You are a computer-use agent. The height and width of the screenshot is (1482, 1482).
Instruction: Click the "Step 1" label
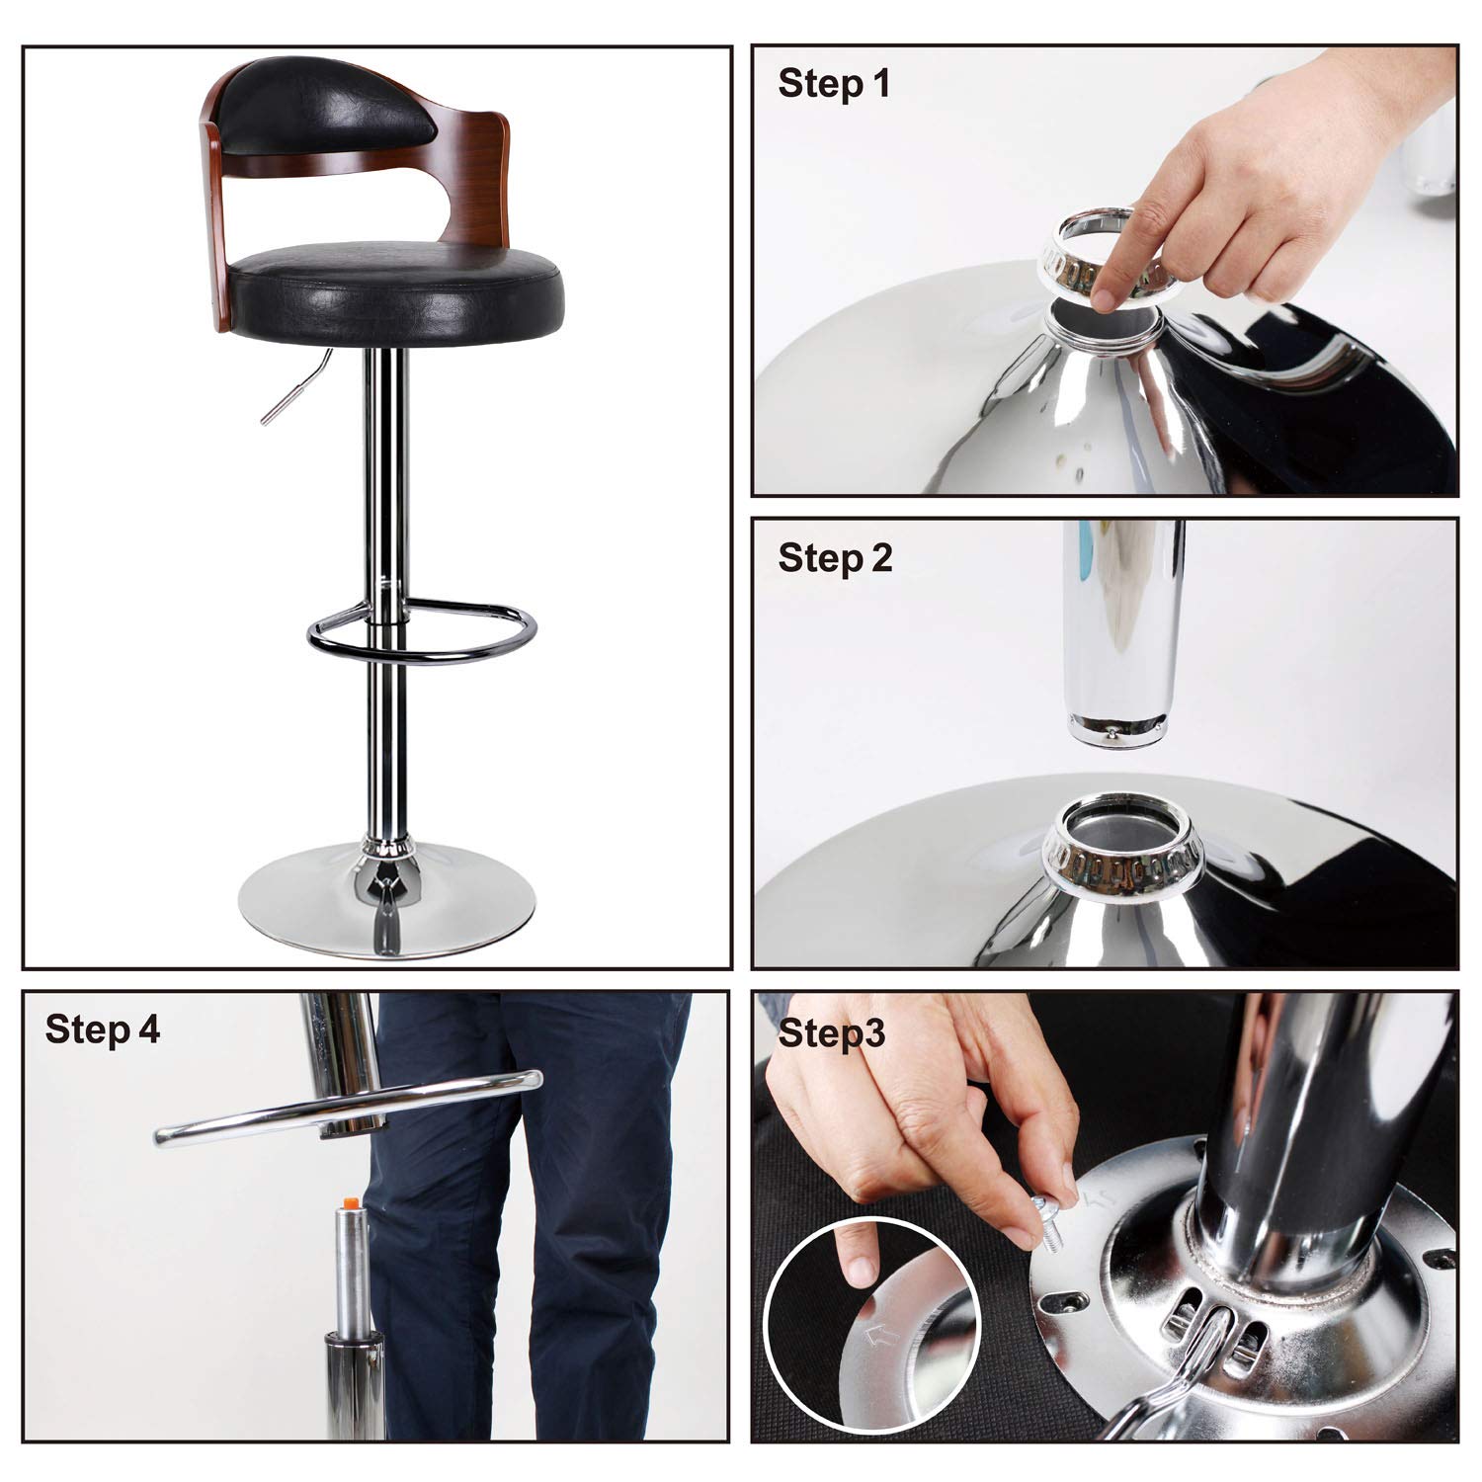click(x=834, y=84)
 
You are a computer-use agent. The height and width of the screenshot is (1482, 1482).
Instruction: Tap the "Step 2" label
click(x=835, y=558)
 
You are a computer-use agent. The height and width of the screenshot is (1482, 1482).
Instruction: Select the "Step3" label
click(x=832, y=1033)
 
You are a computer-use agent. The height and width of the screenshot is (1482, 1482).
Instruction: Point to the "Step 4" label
click(x=102, y=1029)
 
